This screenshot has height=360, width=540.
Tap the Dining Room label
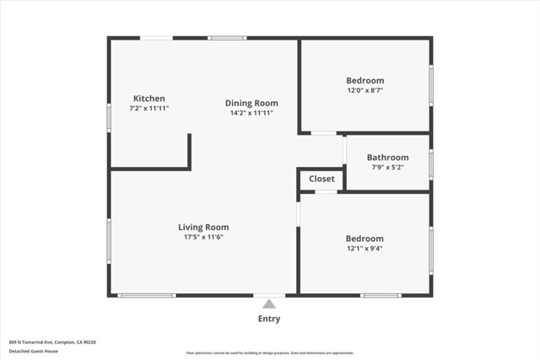(251, 103)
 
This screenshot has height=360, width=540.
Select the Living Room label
(203, 227)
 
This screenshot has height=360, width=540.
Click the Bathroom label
(387, 157)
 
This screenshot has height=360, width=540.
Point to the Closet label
(321, 179)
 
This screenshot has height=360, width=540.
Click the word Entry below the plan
(268, 319)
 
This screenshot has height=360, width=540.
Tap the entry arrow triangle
(268, 304)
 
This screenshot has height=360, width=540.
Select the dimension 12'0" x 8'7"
(365, 90)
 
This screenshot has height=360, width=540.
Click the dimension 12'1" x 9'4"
(364, 249)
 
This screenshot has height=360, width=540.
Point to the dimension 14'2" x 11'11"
(251, 113)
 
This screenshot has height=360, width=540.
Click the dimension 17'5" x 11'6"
(203, 237)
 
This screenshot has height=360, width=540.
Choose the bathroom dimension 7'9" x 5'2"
(387, 167)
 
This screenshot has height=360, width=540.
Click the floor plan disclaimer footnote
(269, 351)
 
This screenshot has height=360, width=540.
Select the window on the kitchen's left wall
(109, 117)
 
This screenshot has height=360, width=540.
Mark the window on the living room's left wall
(109, 241)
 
